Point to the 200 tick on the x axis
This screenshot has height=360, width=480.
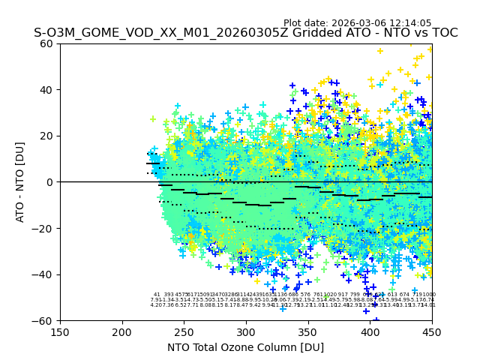(122, 332)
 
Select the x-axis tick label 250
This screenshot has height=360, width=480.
(184, 332)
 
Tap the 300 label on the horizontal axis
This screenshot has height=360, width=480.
(246, 332)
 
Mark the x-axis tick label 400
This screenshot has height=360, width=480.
(370, 332)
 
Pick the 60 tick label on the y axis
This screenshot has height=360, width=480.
(46, 43)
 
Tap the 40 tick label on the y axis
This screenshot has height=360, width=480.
(46, 90)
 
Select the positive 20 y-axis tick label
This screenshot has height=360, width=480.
(46, 136)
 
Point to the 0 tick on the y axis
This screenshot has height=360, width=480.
(49, 182)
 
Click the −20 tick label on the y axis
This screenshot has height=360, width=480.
(43, 228)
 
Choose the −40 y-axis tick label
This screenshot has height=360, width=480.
(43, 274)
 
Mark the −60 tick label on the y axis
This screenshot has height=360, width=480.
(43, 320)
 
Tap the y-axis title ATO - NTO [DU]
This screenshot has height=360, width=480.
(20, 182)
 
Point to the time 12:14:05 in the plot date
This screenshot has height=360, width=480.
(410, 23)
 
